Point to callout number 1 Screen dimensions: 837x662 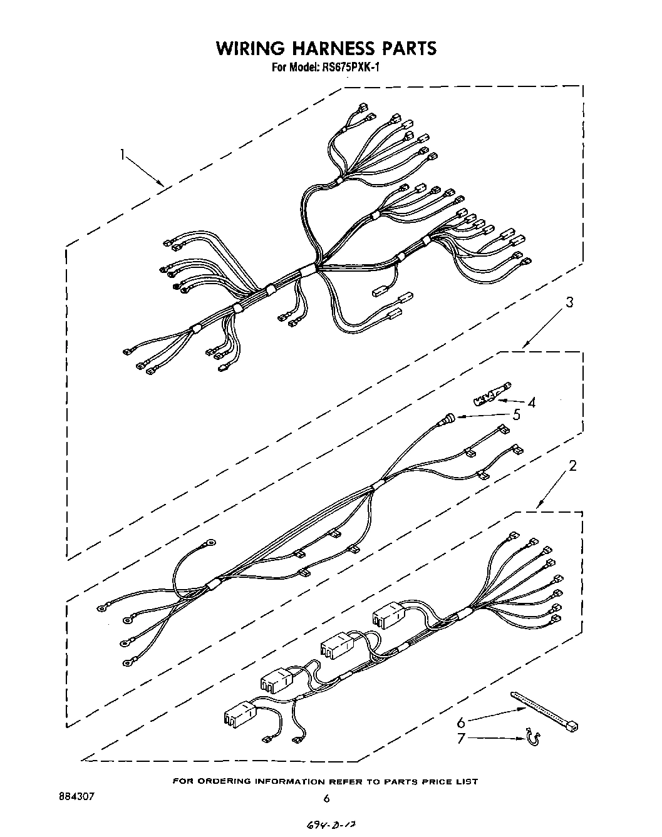tap(124, 153)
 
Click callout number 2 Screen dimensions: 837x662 tap(571, 466)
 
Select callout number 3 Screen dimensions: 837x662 tap(569, 303)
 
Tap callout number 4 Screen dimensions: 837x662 tap(532, 402)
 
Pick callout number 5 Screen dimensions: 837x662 tap(516, 414)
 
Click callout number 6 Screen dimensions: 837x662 tap(461, 722)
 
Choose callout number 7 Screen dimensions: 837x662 tap(461, 739)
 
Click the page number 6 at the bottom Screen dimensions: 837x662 tap(326, 798)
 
